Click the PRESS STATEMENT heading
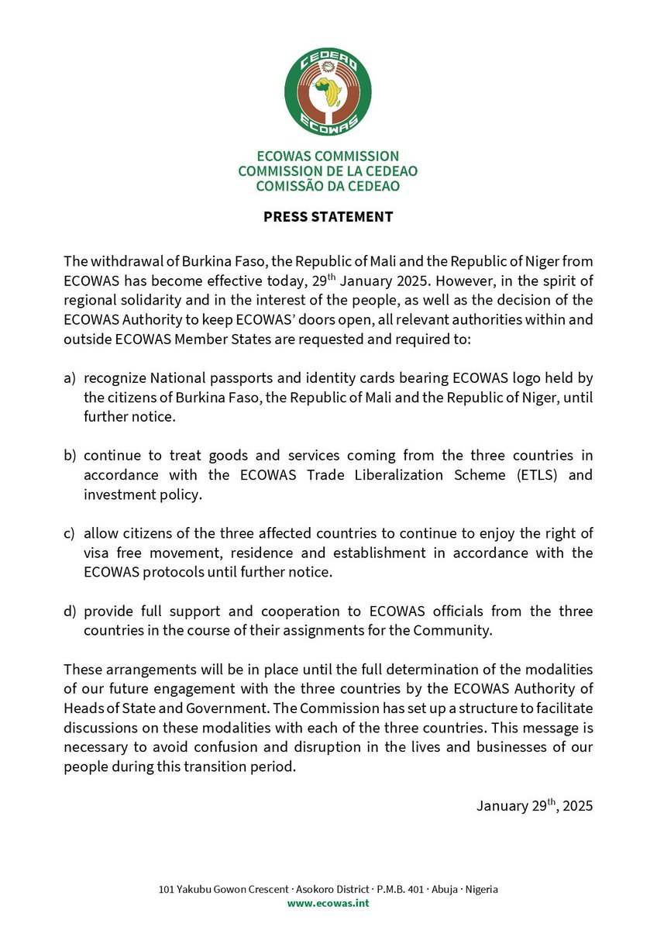click(328, 217)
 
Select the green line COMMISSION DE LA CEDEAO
click(328, 171)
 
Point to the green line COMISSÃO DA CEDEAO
click(328, 186)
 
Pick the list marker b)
click(70, 455)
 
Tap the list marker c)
click(70, 533)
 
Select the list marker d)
click(70, 611)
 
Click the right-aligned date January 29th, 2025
click(535, 805)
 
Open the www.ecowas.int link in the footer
click(328, 903)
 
